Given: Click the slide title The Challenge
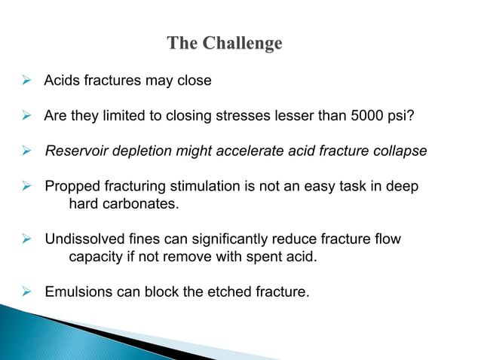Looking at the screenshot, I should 225,44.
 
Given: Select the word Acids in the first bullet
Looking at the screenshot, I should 62,81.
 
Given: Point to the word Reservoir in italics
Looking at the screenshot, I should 75,151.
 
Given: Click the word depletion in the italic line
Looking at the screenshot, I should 136,151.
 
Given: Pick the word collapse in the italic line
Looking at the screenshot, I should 402,151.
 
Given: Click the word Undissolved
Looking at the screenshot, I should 84,239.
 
